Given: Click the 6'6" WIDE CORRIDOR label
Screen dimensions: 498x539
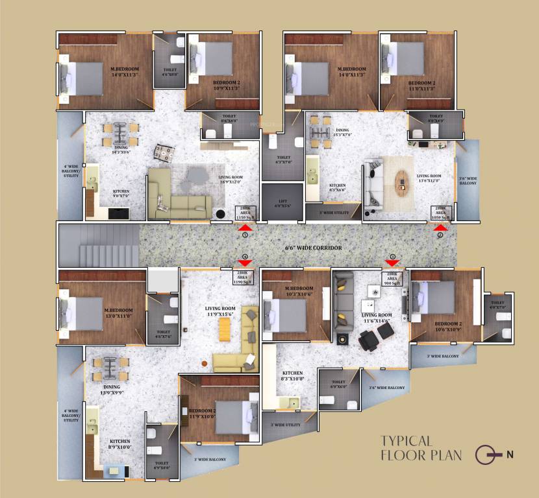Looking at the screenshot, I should [x=314, y=248].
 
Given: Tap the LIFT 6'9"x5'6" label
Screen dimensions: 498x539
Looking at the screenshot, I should [x=282, y=202].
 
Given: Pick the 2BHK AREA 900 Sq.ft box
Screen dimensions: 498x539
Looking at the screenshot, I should [x=393, y=279].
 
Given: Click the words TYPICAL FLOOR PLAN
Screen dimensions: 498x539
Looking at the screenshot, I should [x=421, y=448].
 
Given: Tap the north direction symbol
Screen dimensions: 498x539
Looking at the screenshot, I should [x=488, y=455].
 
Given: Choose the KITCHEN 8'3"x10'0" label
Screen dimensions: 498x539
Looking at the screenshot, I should [x=292, y=376].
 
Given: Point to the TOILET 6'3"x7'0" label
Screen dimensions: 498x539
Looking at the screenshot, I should [x=283, y=160].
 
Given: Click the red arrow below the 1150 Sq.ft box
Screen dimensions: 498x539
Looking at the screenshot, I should [x=245, y=227].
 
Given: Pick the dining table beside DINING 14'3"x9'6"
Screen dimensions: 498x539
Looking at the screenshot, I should [x=121, y=134].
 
